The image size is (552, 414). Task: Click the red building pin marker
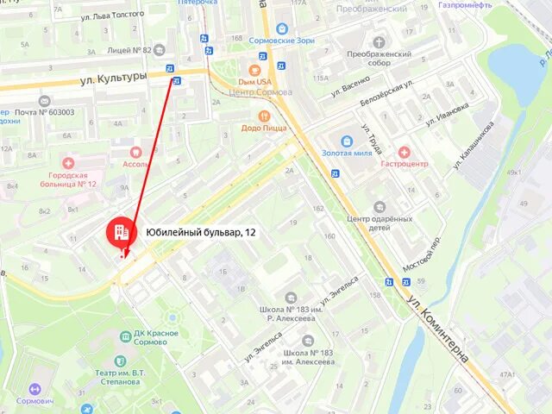(x=121, y=230)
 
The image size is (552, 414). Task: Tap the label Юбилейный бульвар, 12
(x=200, y=232)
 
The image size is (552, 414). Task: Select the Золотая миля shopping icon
(x=347, y=140)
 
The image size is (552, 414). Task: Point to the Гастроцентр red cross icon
(x=404, y=151)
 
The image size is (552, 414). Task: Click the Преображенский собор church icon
(x=379, y=41)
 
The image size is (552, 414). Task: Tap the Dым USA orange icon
(x=254, y=70)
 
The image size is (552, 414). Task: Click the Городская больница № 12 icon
(x=68, y=162)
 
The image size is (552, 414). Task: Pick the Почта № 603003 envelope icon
(x=44, y=100)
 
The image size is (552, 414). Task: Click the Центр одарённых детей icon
(x=379, y=207)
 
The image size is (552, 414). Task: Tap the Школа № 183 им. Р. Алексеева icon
(x=292, y=298)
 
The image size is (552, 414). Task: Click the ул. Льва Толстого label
(x=111, y=16)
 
